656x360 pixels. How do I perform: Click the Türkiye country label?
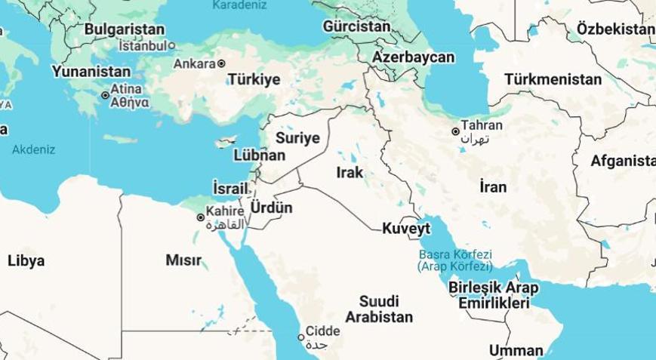(x=254, y=79)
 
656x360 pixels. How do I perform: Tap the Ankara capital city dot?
(x=221, y=63)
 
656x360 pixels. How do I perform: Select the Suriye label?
(x=298, y=138)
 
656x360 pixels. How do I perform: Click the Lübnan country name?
(x=260, y=155)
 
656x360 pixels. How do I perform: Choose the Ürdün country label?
(x=270, y=208)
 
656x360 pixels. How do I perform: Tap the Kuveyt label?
(x=406, y=228)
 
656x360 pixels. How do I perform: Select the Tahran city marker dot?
(x=456, y=131)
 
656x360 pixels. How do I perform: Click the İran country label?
(x=492, y=186)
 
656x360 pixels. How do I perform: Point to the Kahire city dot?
(x=200, y=217)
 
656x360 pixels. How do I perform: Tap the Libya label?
(x=26, y=261)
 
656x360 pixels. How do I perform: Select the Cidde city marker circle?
(x=300, y=337)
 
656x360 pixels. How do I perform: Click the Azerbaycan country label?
(x=414, y=57)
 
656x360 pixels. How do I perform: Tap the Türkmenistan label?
(x=553, y=78)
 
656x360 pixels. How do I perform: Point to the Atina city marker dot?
(x=105, y=95)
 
